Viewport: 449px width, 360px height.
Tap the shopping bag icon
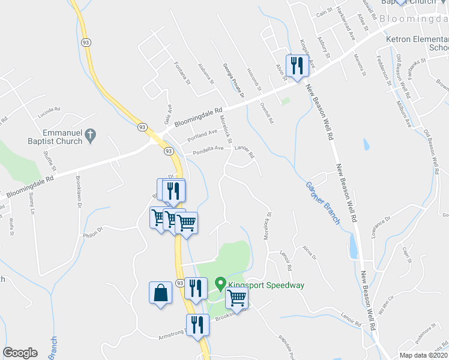[x=160, y=293]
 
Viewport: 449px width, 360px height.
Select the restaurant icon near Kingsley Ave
[x=297, y=65]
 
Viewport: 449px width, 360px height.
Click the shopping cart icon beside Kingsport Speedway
[x=237, y=298]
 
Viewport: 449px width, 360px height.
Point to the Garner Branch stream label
[x=323, y=203]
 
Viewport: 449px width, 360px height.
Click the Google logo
[x=20, y=353]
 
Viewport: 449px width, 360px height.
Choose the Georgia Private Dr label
[x=234, y=81]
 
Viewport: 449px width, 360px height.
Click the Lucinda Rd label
[x=49, y=110]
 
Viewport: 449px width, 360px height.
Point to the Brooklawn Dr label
[x=79, y=191]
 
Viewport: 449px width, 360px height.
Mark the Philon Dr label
[x=94, y=228]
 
